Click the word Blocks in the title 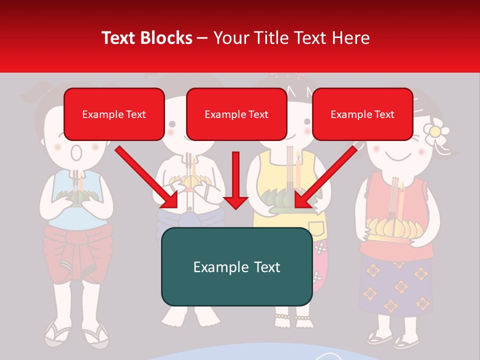coord(167,38)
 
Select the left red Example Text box coord(114,114)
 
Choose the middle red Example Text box coord(236,114)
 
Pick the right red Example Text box coord(362,114)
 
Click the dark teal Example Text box coord(236,267)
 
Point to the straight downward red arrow coord(235,180)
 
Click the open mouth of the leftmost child coord(75,152)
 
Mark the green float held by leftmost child coord(75,196)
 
